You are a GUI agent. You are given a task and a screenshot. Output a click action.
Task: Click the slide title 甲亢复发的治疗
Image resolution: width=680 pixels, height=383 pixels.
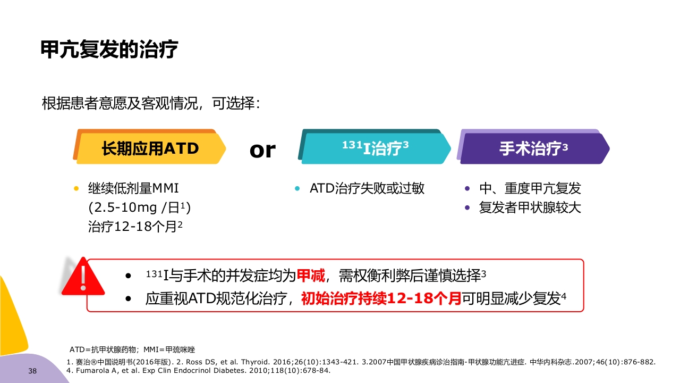click(x=109, y=50)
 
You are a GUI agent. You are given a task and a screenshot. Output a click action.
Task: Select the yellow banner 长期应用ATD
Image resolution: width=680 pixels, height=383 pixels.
click(x=150, y=148)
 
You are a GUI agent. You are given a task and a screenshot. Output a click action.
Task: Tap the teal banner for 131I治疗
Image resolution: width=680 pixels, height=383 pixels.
click(x=375, y=148)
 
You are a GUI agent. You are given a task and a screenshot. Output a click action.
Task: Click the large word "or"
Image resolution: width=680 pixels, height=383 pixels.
click(x=262, y=150)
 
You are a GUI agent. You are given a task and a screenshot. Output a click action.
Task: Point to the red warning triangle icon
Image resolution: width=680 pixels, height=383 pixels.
click(x=83, y=277)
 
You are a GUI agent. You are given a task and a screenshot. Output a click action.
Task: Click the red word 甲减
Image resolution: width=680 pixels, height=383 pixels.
click(x=310, y=276)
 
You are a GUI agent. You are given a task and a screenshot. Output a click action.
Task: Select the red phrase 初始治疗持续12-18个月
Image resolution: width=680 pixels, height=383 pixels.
click(x=381, y=299)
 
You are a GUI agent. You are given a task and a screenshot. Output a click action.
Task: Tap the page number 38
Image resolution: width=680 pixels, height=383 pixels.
click(x=32, y=371)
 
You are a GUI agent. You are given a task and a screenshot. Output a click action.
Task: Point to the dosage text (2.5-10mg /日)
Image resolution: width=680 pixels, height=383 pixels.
click(x=139, y=207)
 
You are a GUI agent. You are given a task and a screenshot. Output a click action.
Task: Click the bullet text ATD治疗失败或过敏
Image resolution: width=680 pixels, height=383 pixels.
click(x=367, y=188)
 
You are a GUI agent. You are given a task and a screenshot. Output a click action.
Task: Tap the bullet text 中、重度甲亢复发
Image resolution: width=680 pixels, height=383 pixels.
click(x=530, y=188)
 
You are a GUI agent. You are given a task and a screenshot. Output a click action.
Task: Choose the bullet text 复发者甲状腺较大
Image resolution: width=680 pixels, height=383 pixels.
click(x=530, y=207)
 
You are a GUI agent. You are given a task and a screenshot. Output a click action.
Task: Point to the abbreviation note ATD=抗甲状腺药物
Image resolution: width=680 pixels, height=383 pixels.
click(x=104, y=350)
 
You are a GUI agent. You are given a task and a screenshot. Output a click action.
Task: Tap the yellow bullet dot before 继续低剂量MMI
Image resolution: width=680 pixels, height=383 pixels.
click(x=76, y=188)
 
